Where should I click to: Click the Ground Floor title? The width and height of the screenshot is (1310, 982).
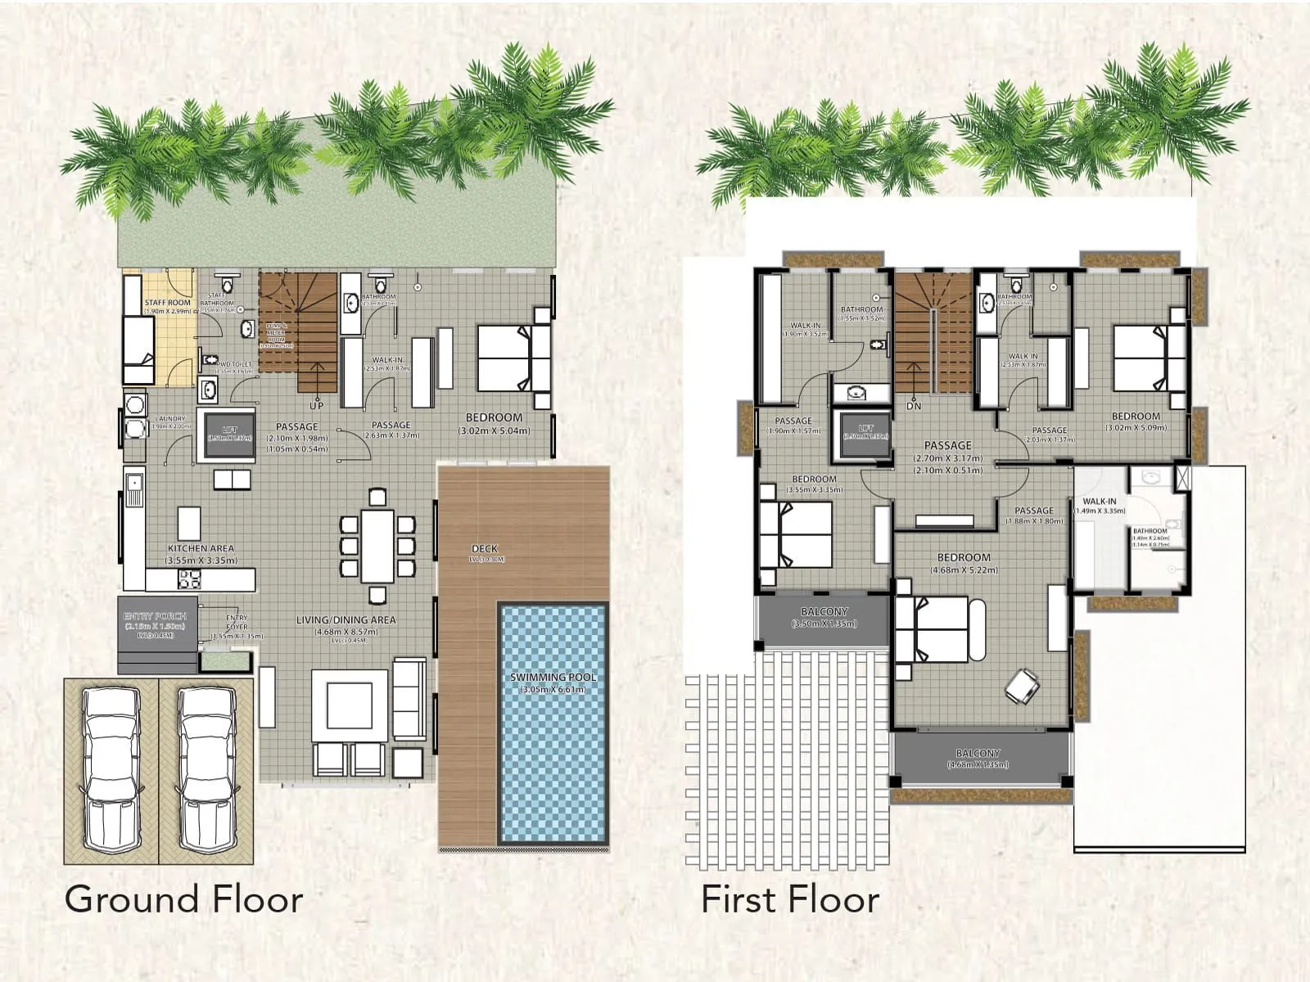(183, 899)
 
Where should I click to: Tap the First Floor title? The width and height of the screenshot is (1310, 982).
(790, 899)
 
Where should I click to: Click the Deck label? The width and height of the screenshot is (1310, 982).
(485, 548)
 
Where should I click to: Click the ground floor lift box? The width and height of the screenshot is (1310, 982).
(229, 434)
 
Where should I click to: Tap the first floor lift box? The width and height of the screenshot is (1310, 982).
(865, 432)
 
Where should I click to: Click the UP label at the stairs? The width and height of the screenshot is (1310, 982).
(317, 405)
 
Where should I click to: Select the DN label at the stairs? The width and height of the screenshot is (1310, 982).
(914, 406)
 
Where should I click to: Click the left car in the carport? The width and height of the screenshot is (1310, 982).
(111, 769)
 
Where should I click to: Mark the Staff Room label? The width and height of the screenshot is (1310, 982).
(168, 303)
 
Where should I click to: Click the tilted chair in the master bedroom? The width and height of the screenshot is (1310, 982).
(1022, 685)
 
